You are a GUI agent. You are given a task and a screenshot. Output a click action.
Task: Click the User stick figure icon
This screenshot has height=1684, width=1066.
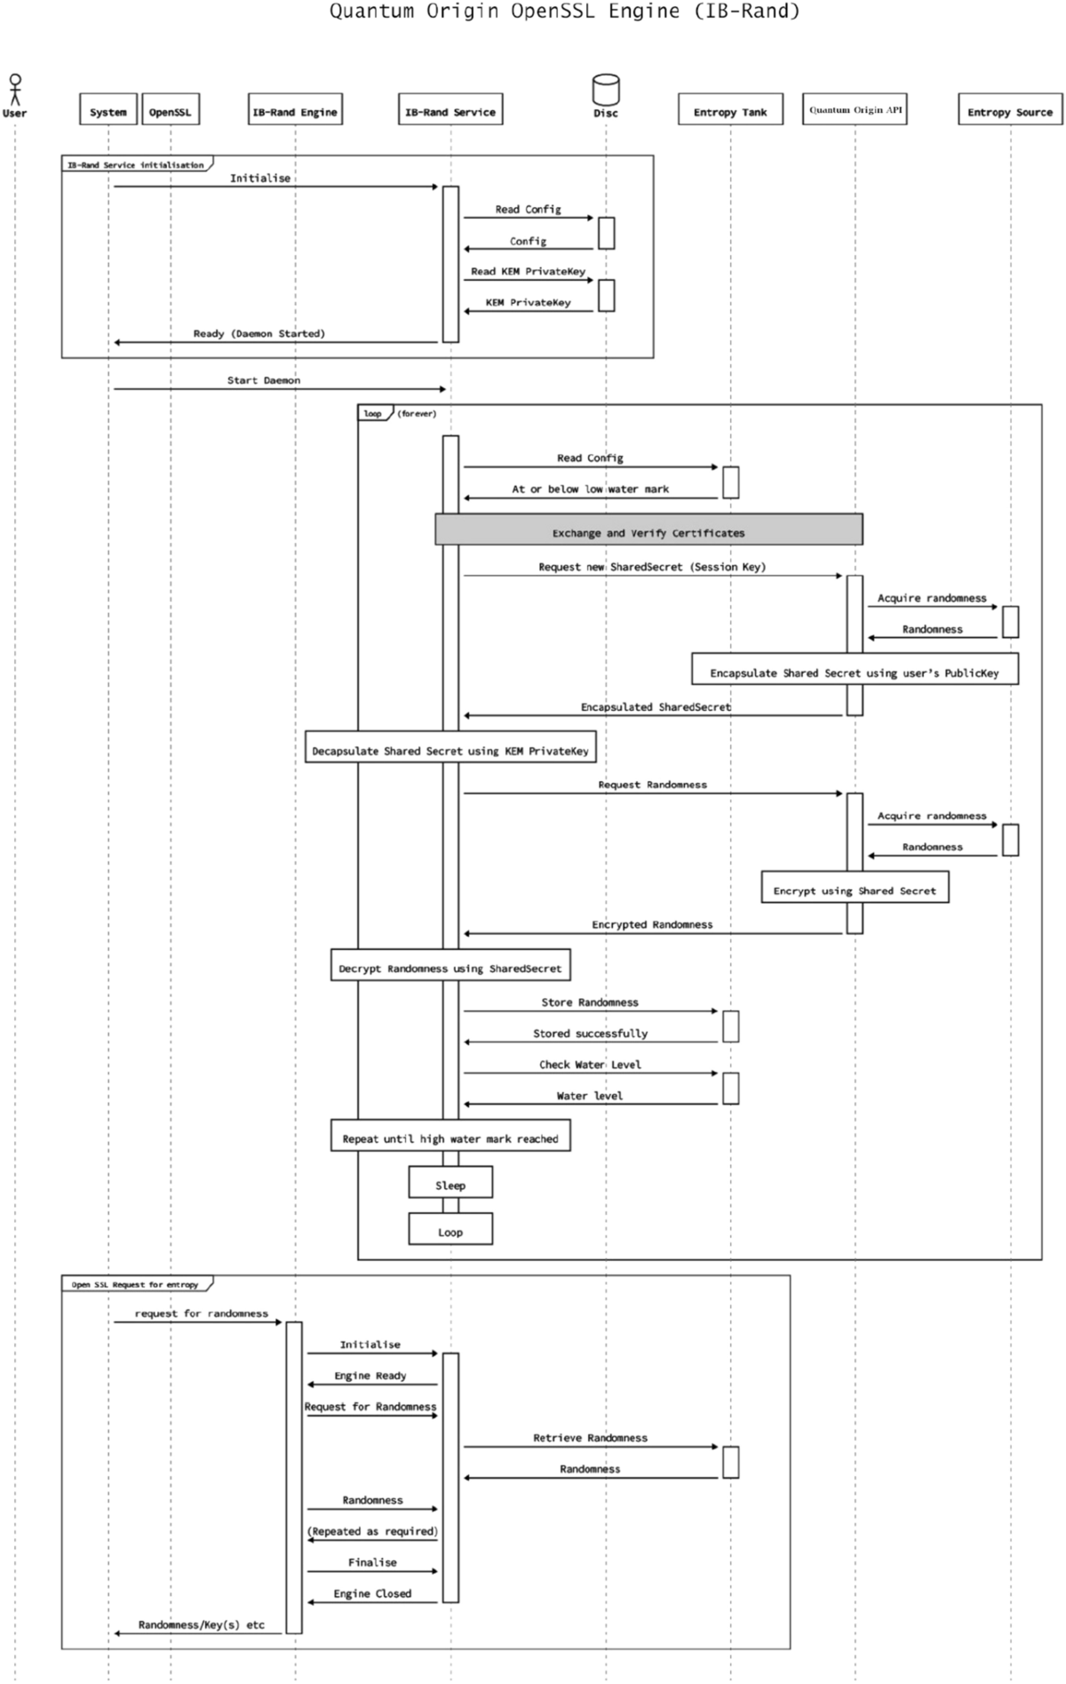[x=14, y=90]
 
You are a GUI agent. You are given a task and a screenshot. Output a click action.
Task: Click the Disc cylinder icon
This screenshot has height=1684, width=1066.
[x=606, y=90]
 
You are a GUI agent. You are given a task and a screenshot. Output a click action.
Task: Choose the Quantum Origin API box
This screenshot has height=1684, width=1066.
[x=855, y=110]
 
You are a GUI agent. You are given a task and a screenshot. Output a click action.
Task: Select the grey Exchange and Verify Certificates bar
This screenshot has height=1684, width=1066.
[x=648, y=531]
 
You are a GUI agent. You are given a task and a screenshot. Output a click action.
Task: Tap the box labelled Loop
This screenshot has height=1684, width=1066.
[x=450, y=1231]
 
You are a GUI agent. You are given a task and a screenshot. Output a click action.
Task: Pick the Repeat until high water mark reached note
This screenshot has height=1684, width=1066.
[x=450, y=1137]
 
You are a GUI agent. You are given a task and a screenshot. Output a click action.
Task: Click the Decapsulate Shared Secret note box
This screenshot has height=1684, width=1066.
[x=450, y=749]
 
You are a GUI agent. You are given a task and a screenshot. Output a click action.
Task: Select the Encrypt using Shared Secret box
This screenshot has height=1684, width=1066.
[x=855, y=889]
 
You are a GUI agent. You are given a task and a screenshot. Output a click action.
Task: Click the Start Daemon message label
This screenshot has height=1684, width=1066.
[x=263, y=380]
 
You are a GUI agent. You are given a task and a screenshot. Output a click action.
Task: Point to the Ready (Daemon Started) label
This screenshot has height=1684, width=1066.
[x=259, y=333]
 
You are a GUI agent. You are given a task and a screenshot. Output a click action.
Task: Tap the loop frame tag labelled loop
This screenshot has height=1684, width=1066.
[x=373, y=413]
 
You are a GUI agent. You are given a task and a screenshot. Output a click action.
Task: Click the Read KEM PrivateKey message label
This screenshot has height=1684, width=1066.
[x=528, y=271]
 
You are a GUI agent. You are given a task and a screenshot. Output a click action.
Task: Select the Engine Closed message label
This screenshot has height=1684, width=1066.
[x=372, y=1592]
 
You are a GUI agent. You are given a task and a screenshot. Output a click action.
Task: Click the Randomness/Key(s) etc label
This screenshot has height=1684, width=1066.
[x=202, y=1624]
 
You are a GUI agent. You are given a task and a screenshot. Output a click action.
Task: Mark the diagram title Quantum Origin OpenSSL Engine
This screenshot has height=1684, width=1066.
[x=564, y=12]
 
